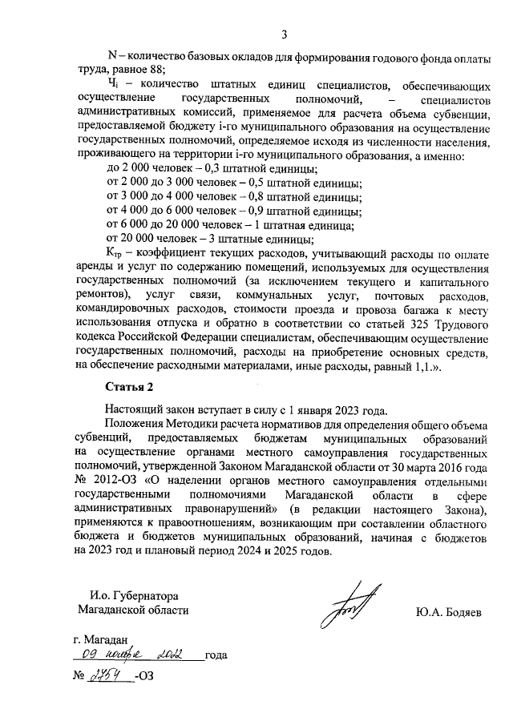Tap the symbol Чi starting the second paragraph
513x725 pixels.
tap(114, 84)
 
